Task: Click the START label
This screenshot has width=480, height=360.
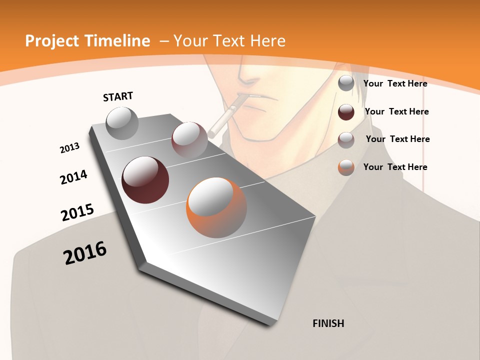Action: (118, 96)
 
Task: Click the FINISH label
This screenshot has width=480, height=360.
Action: (328, 323)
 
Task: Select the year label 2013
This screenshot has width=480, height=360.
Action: (69, 148)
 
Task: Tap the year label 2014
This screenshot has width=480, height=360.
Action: (73, 177)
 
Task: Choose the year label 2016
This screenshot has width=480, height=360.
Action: (85, 253)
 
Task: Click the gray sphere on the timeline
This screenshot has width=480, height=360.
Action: (122, 123)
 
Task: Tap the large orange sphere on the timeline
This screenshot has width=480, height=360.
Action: (216, 207)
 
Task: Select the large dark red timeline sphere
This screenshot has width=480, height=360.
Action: (145, 180)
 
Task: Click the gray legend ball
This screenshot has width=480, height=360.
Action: (346, 83)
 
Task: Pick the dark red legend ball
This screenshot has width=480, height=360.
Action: (346, 112)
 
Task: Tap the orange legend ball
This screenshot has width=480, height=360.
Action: (346, 167)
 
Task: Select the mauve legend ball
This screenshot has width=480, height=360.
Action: (346, 140)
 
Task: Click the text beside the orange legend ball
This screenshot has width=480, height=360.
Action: (395, 167)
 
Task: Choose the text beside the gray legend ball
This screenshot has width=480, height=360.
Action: (395, 83)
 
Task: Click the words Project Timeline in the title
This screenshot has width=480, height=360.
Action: (87, 41)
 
